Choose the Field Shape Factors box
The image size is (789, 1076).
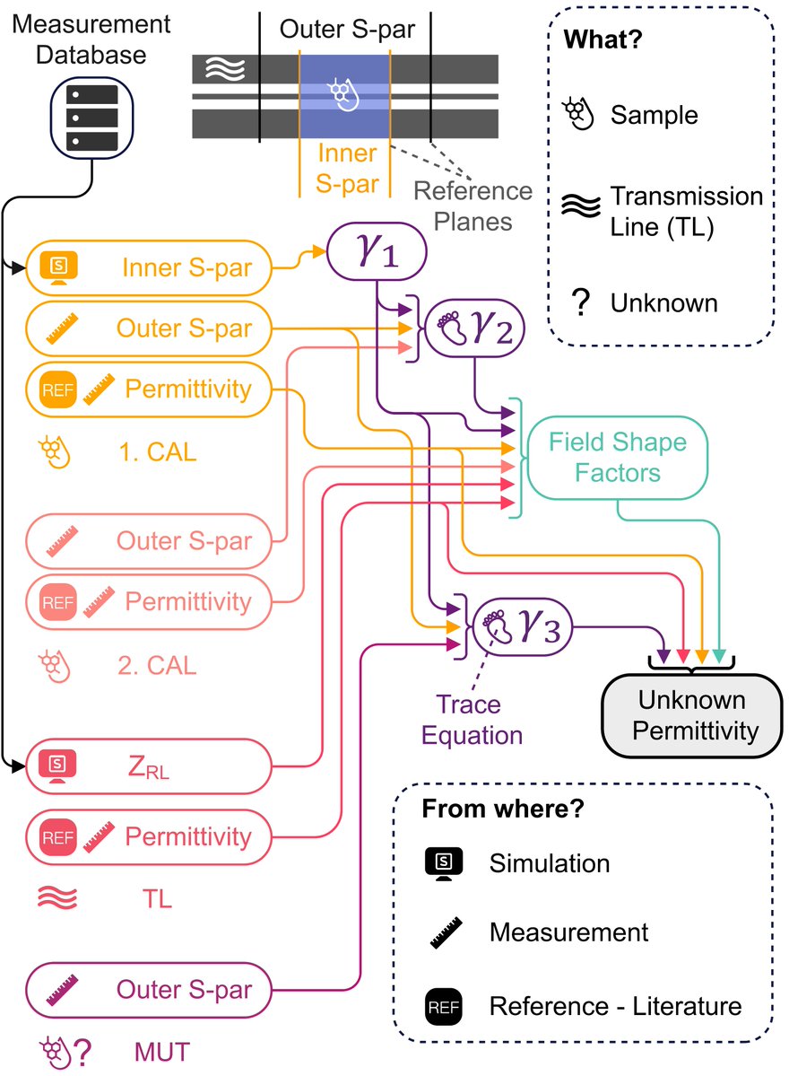point(617,458)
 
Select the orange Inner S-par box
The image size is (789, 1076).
point(148,267)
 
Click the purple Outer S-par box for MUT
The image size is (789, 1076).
point(148,991)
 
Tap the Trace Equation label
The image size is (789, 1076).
point(472,721)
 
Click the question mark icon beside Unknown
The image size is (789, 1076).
point(580,303)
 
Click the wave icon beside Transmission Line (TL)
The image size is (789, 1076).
point(579,209)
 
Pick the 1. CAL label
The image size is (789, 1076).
point(157,451)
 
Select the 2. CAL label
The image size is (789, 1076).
point(157,665)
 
